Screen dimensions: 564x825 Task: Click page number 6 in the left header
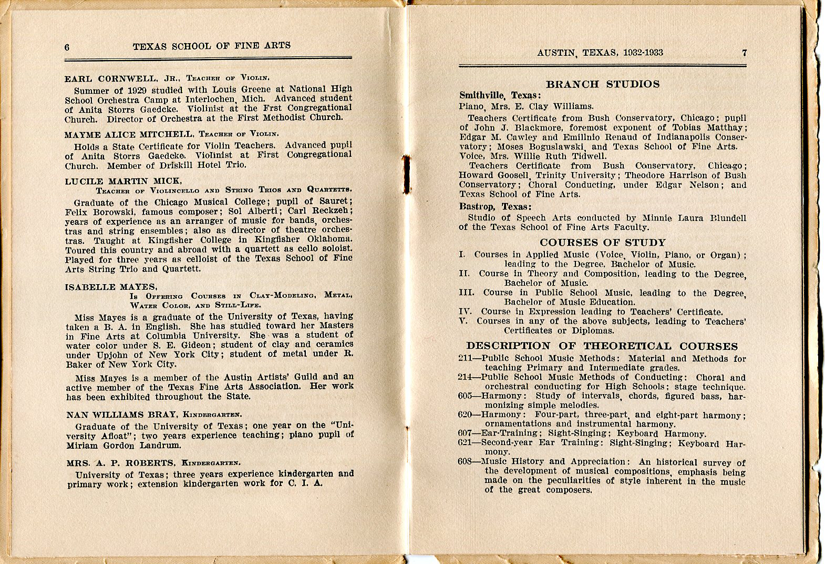pyautogui.click(x=67, y=47)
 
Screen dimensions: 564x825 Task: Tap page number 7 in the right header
pyautogui.click(x=744, y=52)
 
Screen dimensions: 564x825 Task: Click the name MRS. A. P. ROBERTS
pyautogui.click(x=121, y=463)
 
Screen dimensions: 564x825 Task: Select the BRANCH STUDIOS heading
pyautogui.click(x=603, y=84)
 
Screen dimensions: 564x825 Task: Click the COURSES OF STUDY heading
pyautogui.click(x=603, y=243)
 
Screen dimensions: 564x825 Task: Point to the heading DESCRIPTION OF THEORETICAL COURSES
pyautogui.click(x=602, y=346)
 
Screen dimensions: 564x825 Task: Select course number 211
pyautogui.click(x=466, y=359)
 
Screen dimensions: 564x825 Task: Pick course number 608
pyautogui.click(x=466, y=462)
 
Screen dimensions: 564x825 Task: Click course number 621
pyautogui.click(x=466, y=443)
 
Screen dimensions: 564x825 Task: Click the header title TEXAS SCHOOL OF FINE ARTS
pyautogui.click(x=211, y=46)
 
